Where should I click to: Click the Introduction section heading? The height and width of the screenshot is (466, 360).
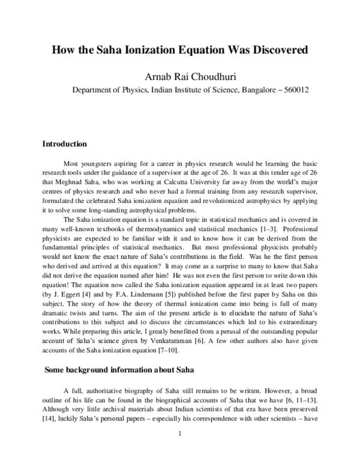(64, 144)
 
